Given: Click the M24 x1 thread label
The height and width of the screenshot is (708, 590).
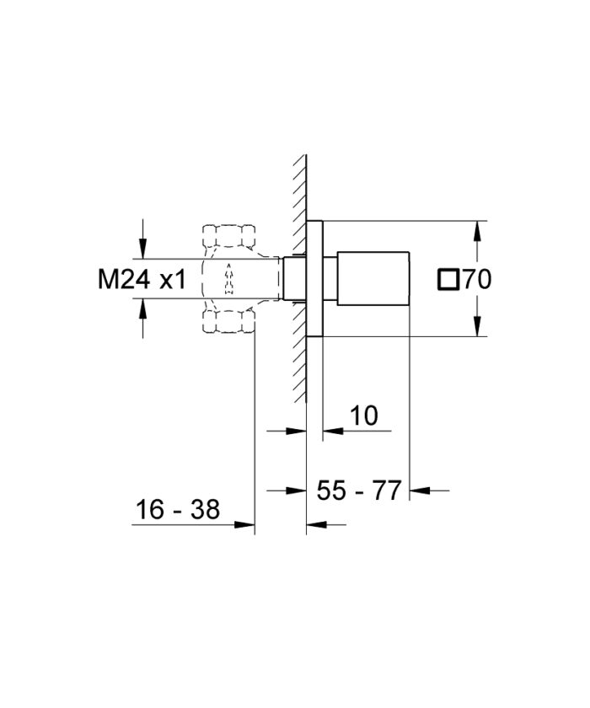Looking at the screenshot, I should tap(142, 280).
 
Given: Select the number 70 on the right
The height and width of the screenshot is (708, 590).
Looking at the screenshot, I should tap(476, 280).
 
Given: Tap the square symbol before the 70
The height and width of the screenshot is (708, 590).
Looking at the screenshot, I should tap(450, 280).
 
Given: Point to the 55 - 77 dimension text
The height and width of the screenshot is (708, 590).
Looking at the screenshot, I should tap(358, 490).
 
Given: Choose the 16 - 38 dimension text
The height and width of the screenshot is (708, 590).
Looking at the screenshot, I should tap(178, 509).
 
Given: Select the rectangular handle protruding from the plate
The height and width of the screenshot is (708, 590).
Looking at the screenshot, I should tap(373, 279).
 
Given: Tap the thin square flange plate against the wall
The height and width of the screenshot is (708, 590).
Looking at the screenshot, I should tap(314, 279).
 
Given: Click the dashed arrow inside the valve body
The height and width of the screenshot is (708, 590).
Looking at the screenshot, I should tap(227, 279).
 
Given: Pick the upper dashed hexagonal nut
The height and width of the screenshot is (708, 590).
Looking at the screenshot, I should tap(228, 236).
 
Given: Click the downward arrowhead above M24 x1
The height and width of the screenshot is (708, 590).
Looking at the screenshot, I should tap(144, 248).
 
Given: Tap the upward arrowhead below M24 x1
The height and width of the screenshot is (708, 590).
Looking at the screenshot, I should tap(144, 310).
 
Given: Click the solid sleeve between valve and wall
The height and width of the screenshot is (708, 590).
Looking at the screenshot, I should tap(294, 279).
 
